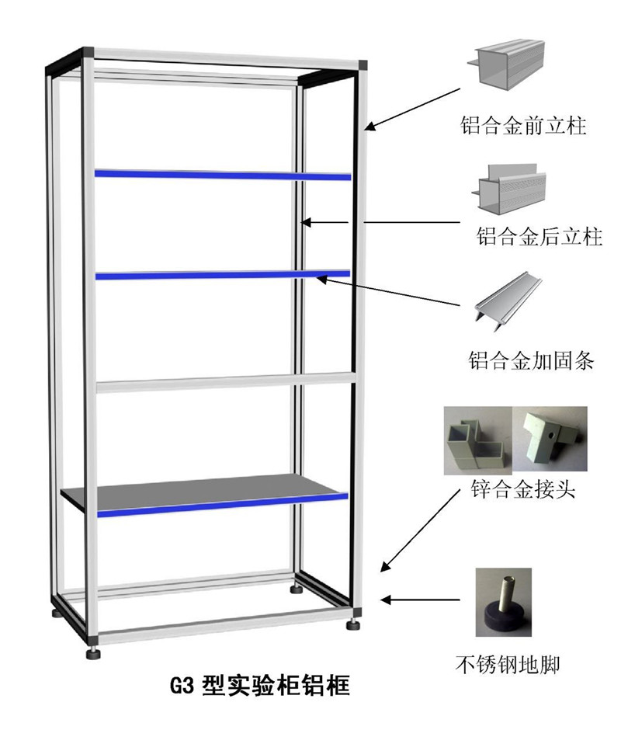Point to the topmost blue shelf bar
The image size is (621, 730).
[x=223, y=174]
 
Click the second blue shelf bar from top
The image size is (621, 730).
[x=223, y=274]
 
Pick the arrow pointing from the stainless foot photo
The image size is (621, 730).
[x=423, y=600]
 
